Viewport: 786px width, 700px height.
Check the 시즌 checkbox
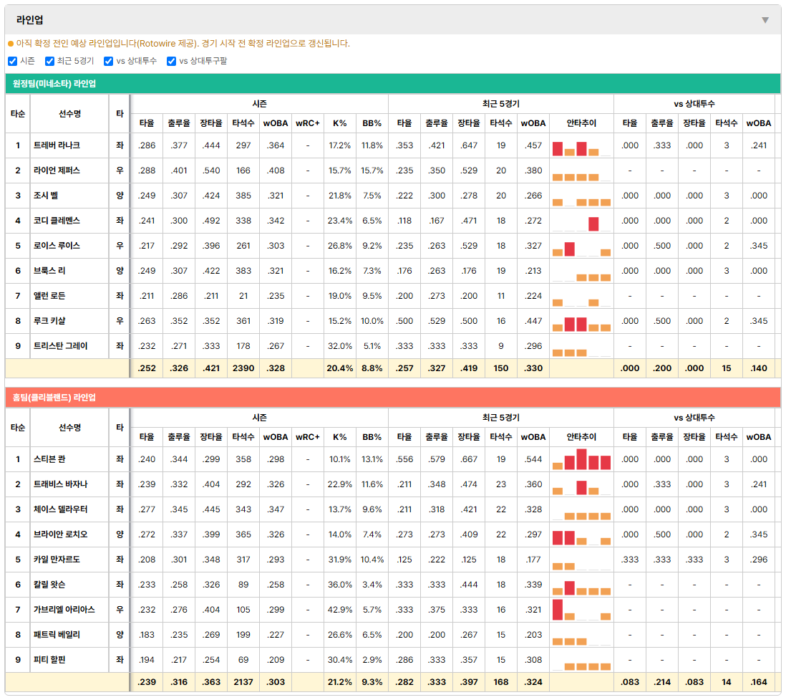click(13, 61)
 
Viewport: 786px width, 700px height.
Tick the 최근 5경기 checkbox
click(49, 61)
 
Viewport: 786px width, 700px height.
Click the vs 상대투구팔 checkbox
click(171, 61)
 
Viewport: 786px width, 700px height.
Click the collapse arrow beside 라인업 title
click(765, 20)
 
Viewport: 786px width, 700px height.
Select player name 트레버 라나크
click(57, 145)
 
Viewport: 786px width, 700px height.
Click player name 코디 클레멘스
click(57, 221)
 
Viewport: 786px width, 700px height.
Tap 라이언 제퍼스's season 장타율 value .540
click(211, 171)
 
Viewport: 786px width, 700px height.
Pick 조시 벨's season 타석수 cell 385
click(243, 196)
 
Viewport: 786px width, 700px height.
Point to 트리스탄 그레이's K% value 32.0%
click(339, 346)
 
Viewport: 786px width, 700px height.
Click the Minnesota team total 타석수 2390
click(243, 368)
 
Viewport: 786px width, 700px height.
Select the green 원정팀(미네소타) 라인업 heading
click(54, 84)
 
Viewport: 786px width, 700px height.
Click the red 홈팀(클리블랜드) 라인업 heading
click(54, 398)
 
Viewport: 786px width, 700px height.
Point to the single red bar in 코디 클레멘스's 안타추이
click(593, 224)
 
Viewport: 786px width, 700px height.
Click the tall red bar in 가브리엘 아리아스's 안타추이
click(558, 610)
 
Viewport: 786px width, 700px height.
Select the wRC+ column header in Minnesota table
click(307, 123)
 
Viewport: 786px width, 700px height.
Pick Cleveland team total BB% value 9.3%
click(372, 682)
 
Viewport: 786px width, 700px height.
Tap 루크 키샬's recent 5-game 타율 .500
click(404, 321)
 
